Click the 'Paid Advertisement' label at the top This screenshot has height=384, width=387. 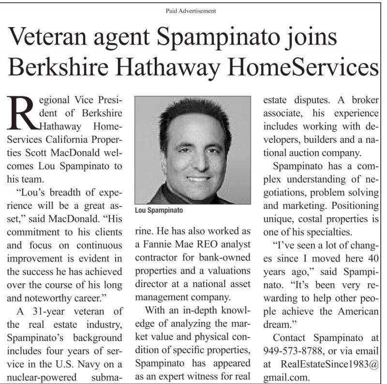point(194,10)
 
